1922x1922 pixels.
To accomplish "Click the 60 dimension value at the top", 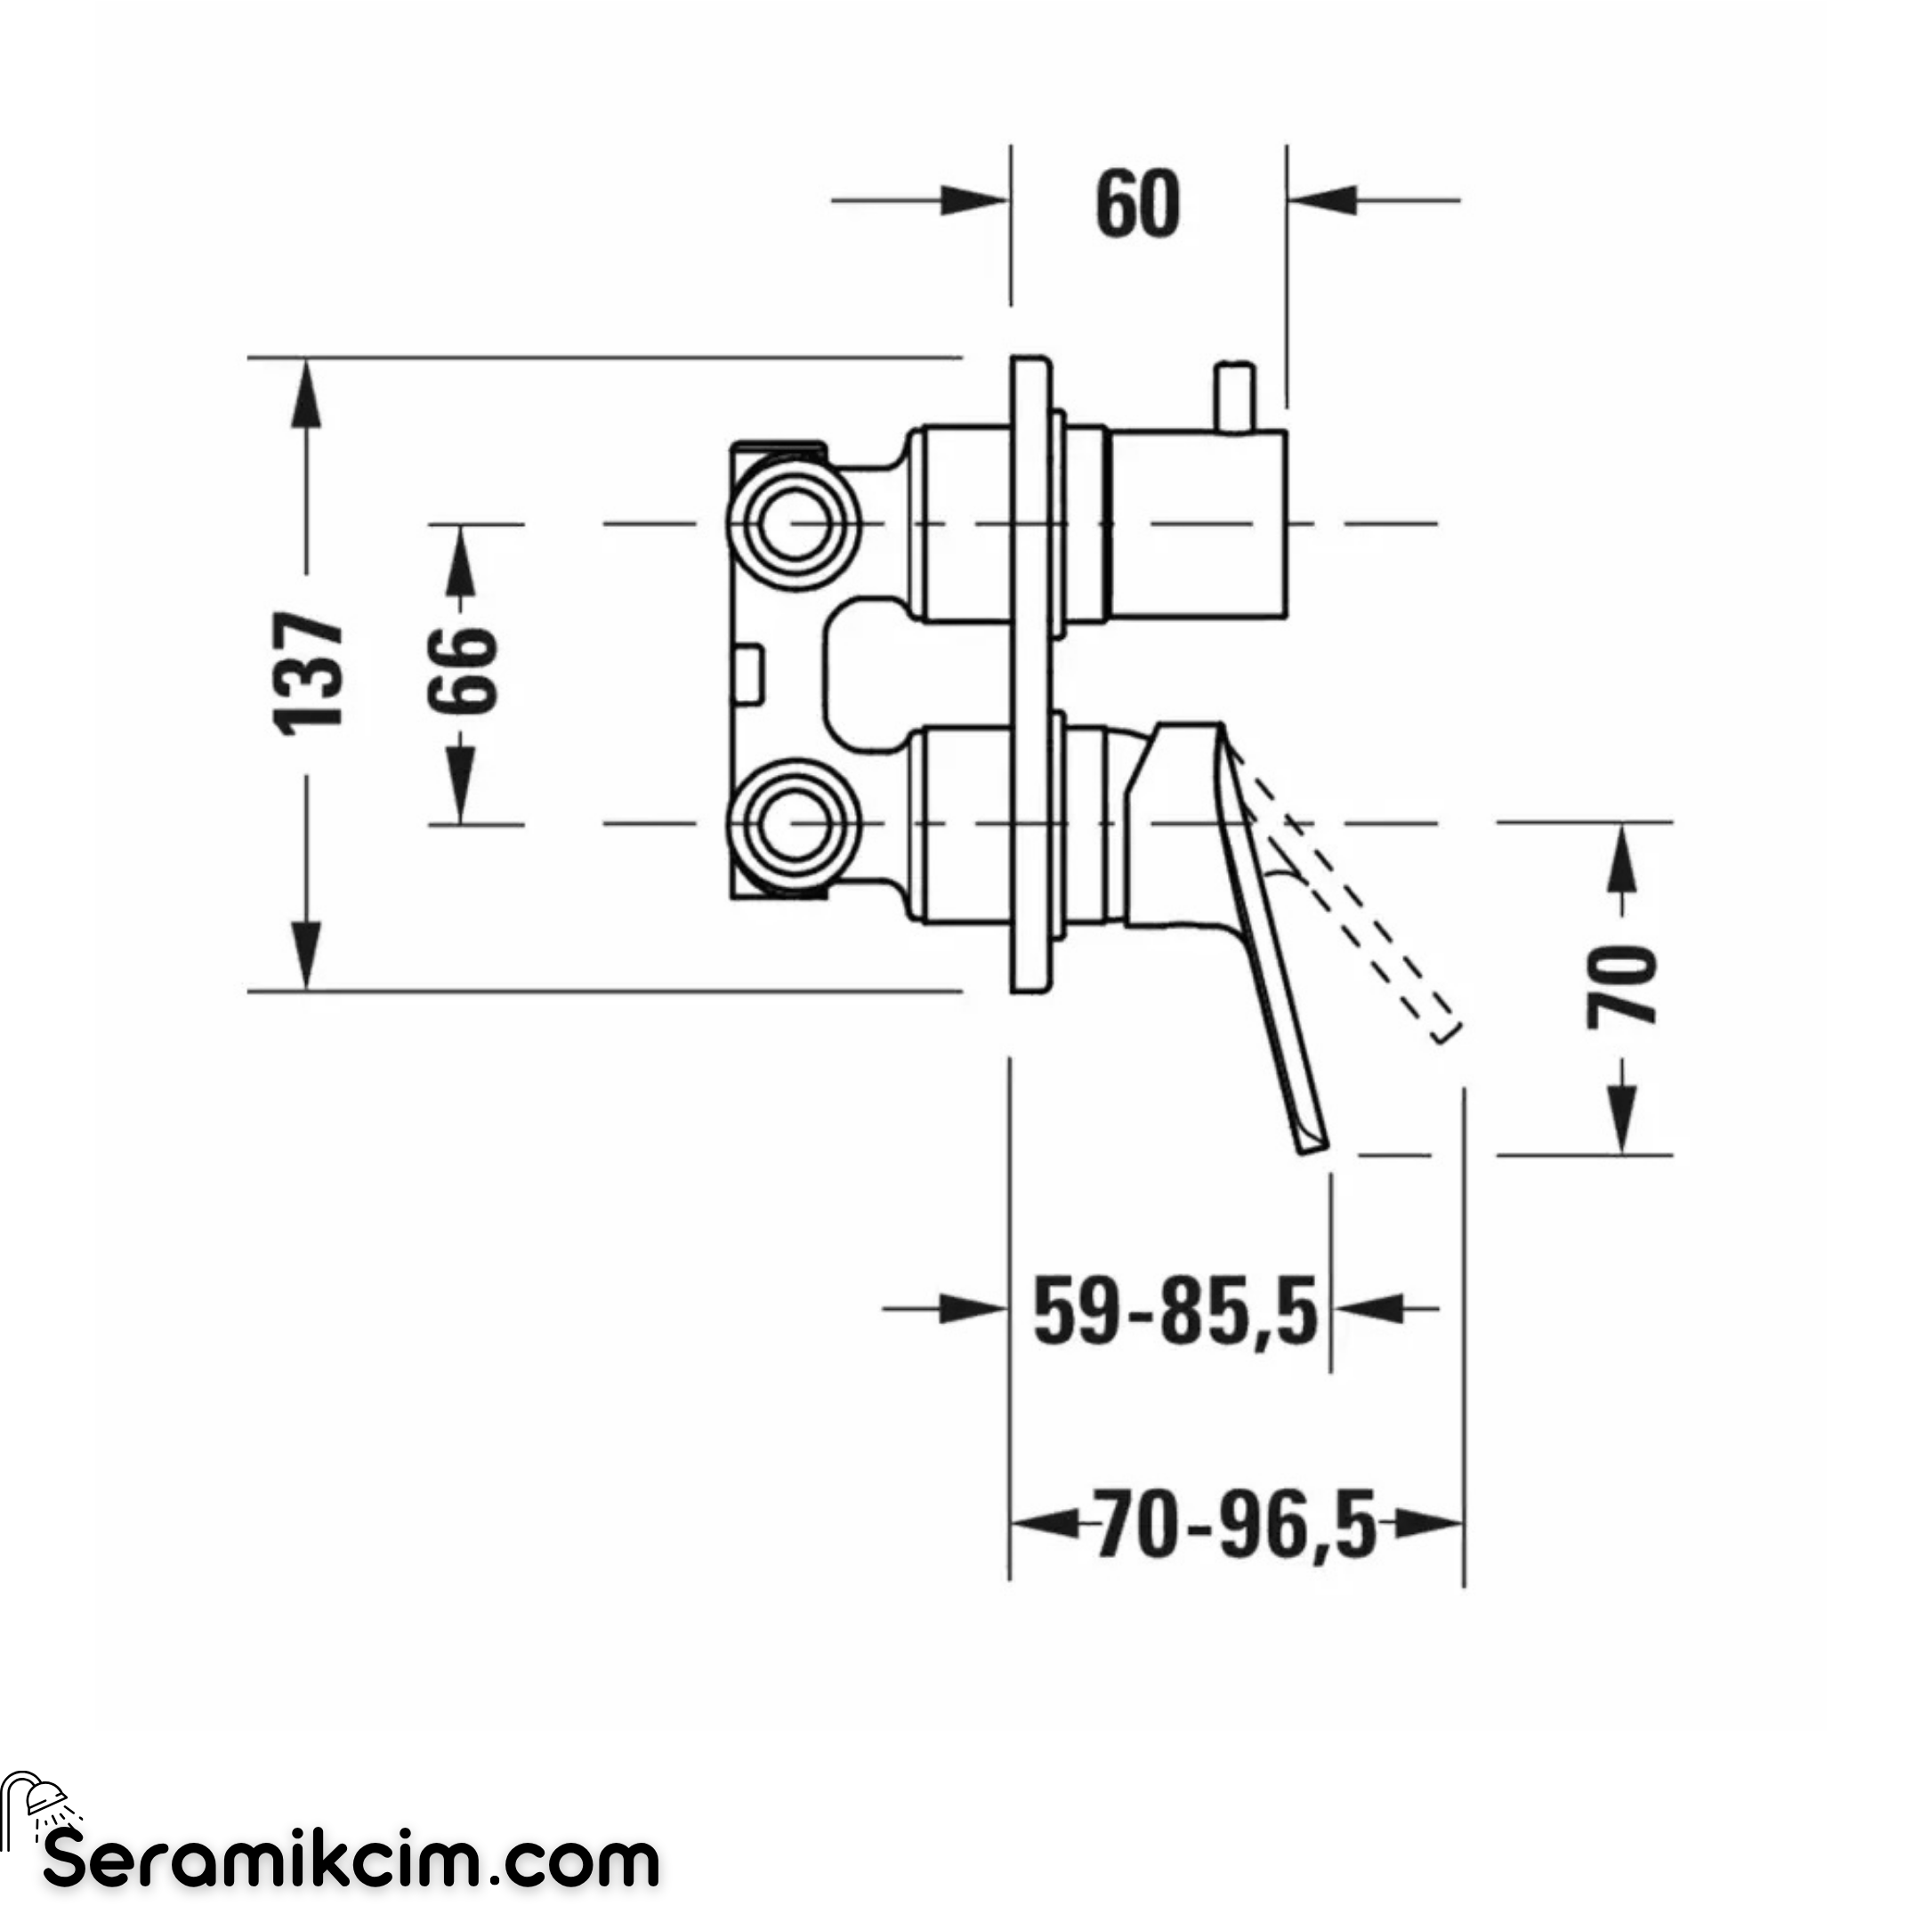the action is coord(1138,205).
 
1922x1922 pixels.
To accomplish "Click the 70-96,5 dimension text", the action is coord(1236,1522).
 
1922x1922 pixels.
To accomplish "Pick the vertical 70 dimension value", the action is coord(1622,988).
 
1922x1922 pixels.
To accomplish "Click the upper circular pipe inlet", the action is coord(793,523).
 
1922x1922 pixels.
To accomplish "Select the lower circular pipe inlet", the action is coord(793,824).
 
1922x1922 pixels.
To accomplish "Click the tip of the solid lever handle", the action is coord(1314,1150).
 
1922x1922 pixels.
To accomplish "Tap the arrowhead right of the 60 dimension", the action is coord(1322,200).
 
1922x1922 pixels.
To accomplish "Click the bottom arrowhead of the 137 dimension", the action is coord(306,955).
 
